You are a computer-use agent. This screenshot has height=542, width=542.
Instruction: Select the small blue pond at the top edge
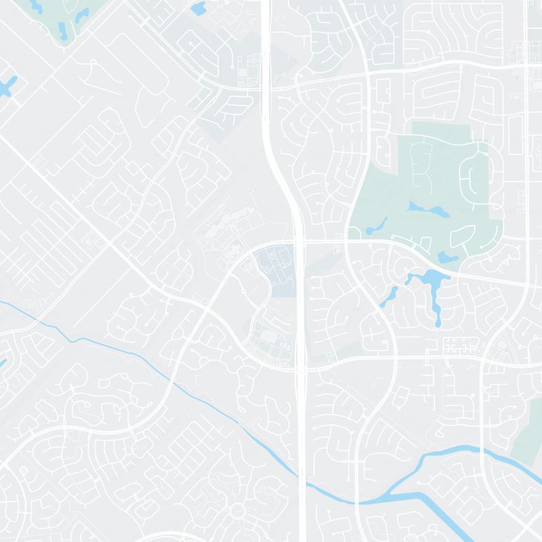click(199, 8)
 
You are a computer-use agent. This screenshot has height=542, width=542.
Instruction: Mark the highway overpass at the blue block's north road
click(299, 241)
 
